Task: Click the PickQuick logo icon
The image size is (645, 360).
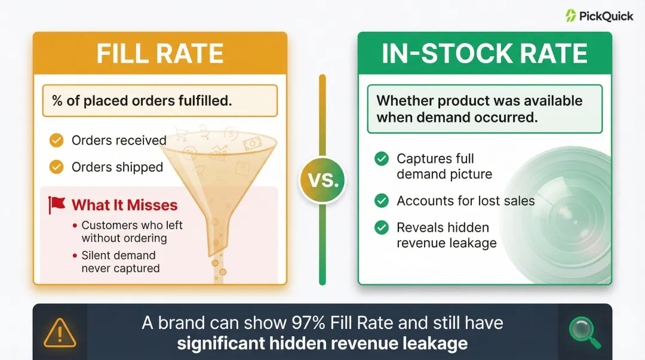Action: (x=571, y=16)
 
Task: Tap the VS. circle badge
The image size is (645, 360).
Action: (x=322, y=180)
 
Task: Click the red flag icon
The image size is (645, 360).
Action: (x=57, y=205)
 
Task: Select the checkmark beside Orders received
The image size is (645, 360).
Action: (x=56, y=140)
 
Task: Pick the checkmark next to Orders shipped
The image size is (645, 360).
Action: (x=56, y=167)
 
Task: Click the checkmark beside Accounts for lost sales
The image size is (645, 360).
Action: (x=381, y=201)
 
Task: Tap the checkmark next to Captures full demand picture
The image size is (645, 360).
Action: (x=381, y=159)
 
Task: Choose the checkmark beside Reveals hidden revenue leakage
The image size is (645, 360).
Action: (x=381, y=227)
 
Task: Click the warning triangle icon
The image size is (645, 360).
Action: (x=60, y=332)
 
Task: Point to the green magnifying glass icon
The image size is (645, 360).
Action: (x=584, y=332)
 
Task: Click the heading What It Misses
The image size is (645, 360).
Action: (x=124, y=205)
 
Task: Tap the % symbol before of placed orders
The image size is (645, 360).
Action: (x=57, y=100)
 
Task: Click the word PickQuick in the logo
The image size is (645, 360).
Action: (x=606, y=16)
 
